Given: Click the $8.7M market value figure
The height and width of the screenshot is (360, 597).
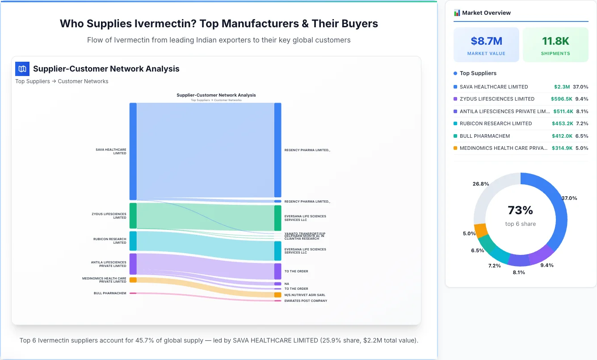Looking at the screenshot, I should coord(486,41).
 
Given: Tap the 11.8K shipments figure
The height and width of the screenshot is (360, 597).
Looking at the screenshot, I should coord(555,41).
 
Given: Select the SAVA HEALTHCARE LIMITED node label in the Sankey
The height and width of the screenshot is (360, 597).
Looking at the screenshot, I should coord(111,152).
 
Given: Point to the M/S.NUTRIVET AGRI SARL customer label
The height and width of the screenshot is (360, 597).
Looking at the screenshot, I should coord(305,295).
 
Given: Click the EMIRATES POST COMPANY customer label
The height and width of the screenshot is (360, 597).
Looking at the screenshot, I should coord(306,301).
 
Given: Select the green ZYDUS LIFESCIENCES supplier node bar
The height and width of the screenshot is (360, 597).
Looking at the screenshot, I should coord(133,216).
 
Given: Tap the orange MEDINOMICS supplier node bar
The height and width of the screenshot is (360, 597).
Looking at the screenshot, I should coord(133,280).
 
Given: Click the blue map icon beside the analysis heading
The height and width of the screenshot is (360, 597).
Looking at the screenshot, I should coord(22,69).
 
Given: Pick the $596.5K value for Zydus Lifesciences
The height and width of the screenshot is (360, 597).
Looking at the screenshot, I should coord(562,99).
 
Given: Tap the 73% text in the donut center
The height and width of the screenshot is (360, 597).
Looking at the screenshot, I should coord(520,210).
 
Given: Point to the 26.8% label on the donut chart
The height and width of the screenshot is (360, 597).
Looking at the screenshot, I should coord(481,184).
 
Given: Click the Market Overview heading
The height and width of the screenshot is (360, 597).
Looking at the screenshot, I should coord(486,13).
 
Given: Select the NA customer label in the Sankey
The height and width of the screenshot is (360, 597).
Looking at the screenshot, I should coord(287,284).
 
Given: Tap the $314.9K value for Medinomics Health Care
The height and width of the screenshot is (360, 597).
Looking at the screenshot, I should coord(562,148).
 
